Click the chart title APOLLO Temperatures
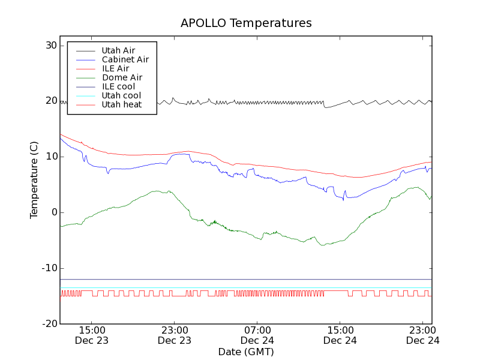[246, 23]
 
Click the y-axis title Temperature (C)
[34, 180]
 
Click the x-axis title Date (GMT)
[246, 352]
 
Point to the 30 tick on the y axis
[50, 46]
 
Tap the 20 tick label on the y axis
[50, 101]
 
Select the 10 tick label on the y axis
[50, 157]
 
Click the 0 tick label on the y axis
[53, 212]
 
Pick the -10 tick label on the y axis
[48, 268]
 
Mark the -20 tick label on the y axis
[48, 324]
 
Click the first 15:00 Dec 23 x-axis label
[91, 335]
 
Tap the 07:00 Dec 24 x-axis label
[257, 335]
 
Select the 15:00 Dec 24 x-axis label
[340, 335]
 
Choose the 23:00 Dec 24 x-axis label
[422, 335]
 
